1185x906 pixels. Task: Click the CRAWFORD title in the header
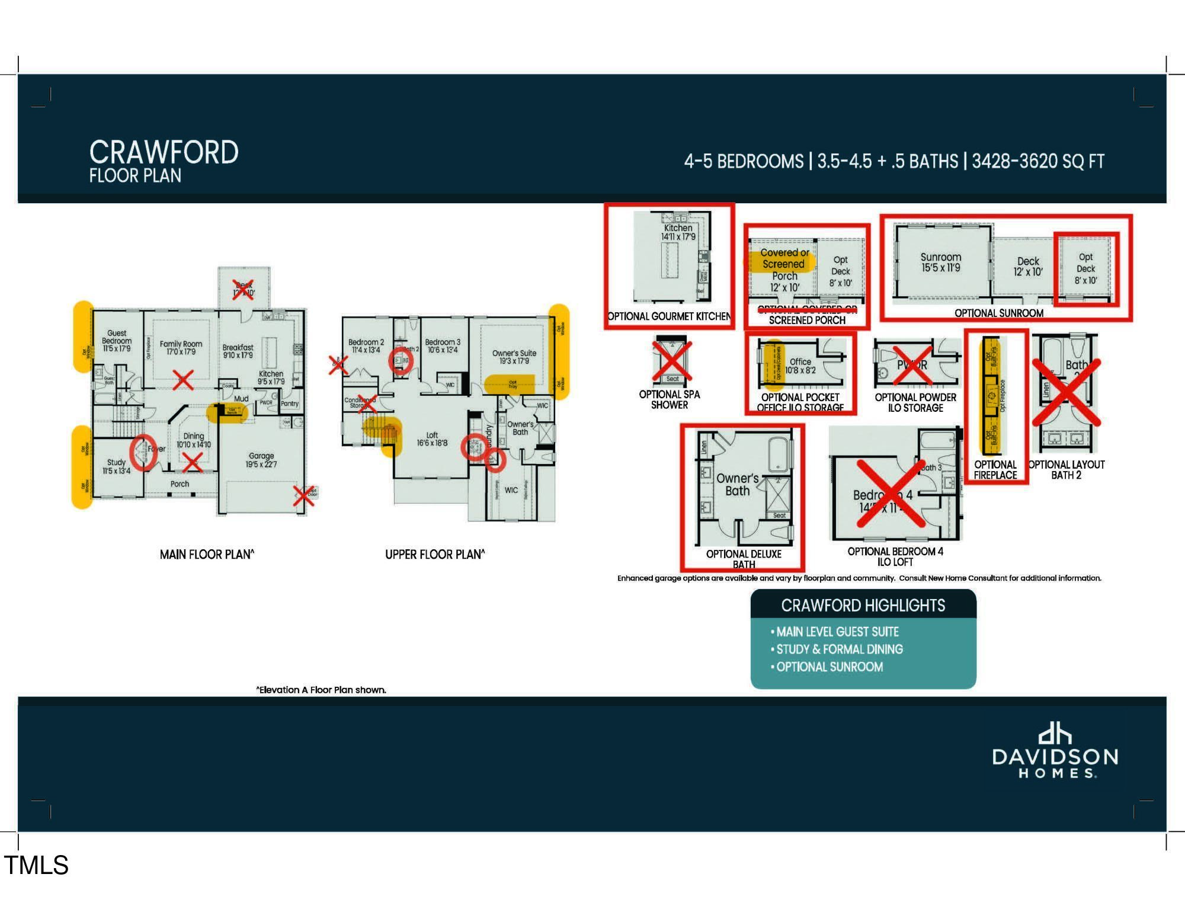pyautogui.click(x=164, y=152)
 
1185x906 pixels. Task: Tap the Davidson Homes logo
pyautogui.click(x=1055, y=753)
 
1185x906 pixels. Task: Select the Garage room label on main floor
pyautogui.click(x=261, y=460)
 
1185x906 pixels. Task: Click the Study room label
pyautogui.click(x=116, y=466)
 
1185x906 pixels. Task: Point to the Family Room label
pyautogui.click(x=181, y=347)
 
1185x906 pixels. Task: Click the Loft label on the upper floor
pyautogui.click(x=432, y=438)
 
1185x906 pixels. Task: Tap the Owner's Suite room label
pyautogui.click(x=514, y=357)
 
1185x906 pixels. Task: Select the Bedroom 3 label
pyautogui.click(x=442, y=345)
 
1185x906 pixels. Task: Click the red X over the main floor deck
pyautogui.click(x=243, y=289)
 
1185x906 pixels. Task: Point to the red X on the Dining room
pyautogui.click(x=193, y=462)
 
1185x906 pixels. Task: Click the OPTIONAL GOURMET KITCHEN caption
pyautogui.click(x=670, y=316)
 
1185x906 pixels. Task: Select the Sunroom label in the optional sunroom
pyautogui.click(x=940, y=262)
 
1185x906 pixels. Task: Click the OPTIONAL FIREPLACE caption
pyautogui.click(x=995, y=469)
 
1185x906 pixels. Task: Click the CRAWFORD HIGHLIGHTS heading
pyautogui.click(x=863, y=606)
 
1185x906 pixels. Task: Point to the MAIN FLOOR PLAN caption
pyautogui.click(x=207, y=555)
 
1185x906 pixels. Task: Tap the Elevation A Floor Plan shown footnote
pyautogui.click(x=321, y=690)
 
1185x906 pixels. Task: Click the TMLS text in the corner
pyautogui.click(x=36, y=865)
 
